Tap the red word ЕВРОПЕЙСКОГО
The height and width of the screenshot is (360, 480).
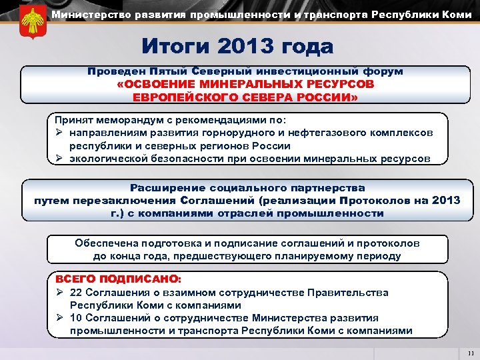pos(174,97)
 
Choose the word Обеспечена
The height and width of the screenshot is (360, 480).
pos(105,243)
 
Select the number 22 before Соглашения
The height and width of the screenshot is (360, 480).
pos(76,292)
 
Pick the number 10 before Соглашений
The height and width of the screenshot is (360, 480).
pos(76,318)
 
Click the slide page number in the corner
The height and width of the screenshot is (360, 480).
pos(471,353)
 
